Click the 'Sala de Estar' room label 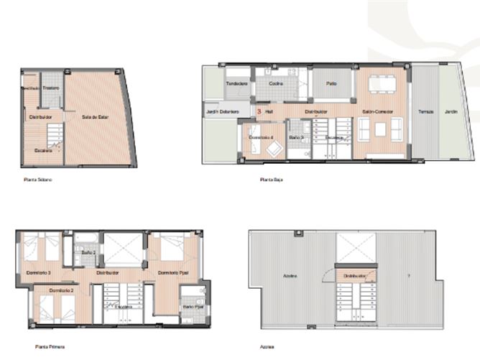94,117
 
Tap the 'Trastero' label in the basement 50,88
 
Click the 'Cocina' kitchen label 276,83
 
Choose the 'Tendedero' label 237,84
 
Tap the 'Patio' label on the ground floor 331,83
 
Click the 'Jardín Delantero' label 219,112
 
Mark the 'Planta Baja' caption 271,180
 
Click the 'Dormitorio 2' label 62,290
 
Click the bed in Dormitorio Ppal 172,249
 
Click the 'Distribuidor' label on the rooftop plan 355,275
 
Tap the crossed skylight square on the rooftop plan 355,248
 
